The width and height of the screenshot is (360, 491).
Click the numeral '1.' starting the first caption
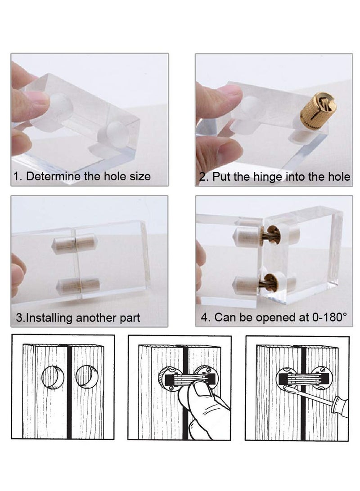click(18, 176)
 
